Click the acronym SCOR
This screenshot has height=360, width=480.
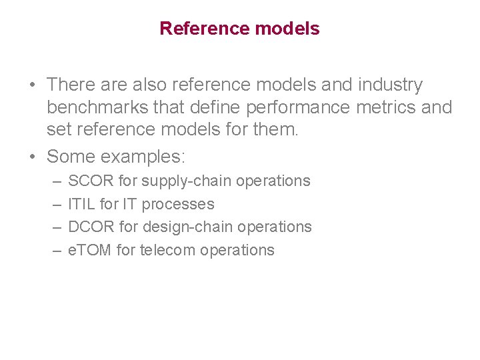pyautogui.click(x=91, y=181)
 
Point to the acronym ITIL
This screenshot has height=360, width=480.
pyautogui.click(x=81, y=204)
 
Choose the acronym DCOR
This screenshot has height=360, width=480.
pyautogui.click(x=91, y=227)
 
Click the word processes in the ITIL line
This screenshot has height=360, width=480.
pyautogui.click(x=178, y=204)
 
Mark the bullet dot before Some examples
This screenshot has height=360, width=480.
pyautogui.click(x=32, y=157)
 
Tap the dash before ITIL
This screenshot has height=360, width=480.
pyautogui.click(x=54, y=204)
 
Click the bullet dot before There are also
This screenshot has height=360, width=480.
pyautogui.click(x=32, y=85)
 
